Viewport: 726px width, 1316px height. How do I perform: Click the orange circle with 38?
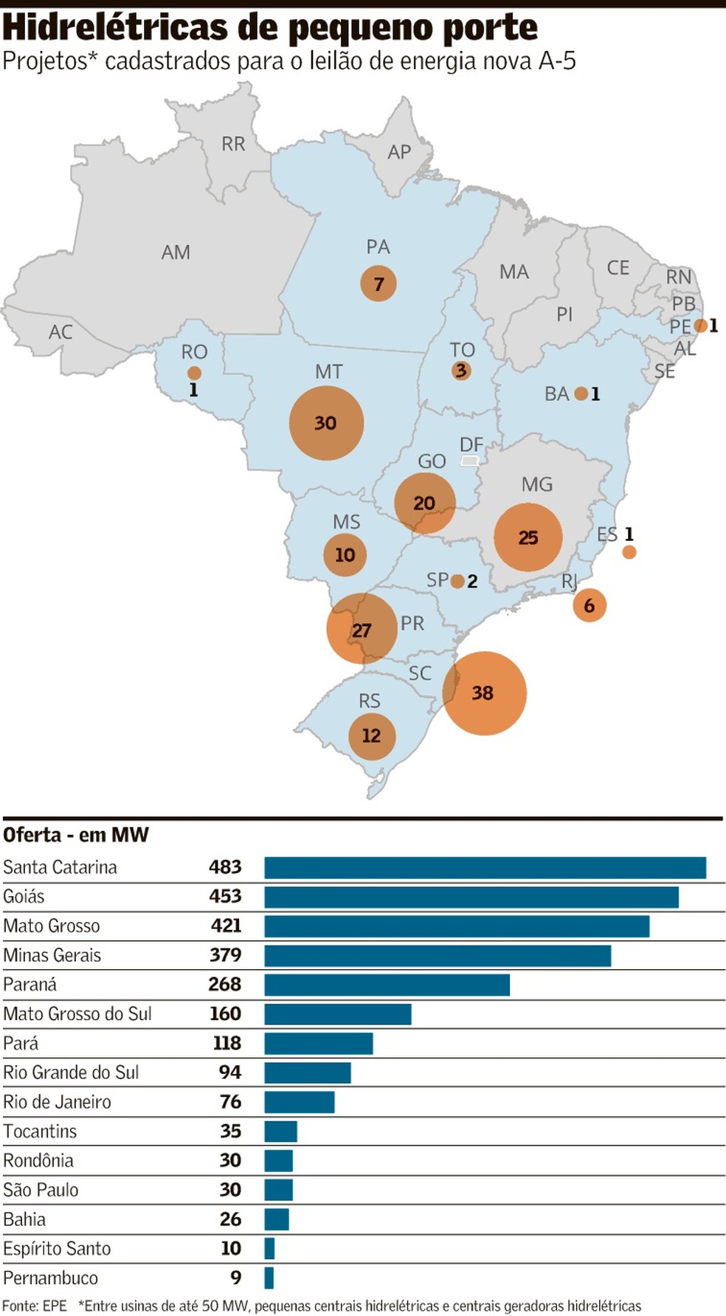tap(484, 693)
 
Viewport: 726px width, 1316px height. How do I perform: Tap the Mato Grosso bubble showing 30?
tap(326, 423)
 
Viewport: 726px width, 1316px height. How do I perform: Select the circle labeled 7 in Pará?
tap(378, 283)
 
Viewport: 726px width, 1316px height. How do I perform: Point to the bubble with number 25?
tap(528, 537)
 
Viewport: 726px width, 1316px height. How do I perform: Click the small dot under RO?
tap(194, 373)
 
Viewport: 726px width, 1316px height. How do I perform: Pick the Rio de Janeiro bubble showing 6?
tap(590, 605)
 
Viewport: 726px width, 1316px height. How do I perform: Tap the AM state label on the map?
tap(176, 252)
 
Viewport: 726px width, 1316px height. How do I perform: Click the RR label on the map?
tap(233, 144)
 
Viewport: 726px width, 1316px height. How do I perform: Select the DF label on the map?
tap(471, 444)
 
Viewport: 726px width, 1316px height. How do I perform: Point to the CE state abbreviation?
tap(618, 268)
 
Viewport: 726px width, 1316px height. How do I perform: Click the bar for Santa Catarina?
tap(485, 867)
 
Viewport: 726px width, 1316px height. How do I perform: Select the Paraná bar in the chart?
tap(387, 985)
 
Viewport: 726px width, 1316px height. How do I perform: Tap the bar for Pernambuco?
tap(269, 1278)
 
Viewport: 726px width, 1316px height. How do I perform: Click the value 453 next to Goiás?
tap(225, 896)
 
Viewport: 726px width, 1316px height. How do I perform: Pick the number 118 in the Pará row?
tap(227, 1043)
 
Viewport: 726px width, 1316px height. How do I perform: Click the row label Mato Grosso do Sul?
tap(77, 1014)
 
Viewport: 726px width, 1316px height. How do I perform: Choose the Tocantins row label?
tap(40, 1131)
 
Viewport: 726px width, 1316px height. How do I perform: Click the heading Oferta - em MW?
tap(76, 835)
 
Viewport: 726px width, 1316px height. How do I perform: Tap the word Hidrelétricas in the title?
tap(116, 28)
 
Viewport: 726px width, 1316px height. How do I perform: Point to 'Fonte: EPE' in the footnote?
tap(35, 1306)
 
